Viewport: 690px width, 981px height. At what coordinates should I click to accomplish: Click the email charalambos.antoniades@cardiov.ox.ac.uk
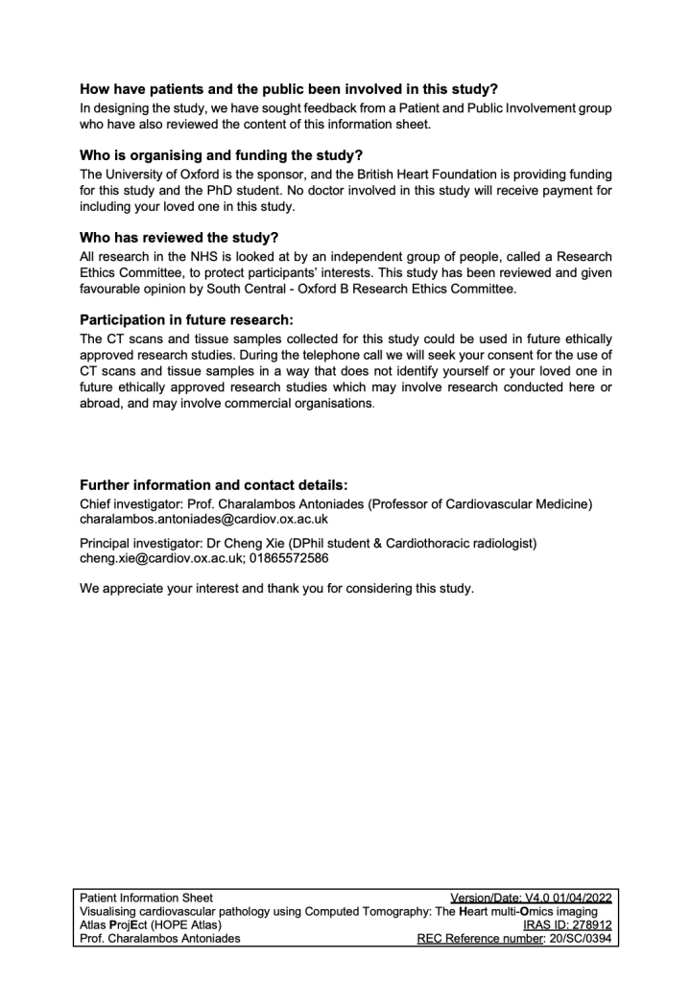[x=203, y=519]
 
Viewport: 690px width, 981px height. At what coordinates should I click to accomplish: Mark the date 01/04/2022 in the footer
[x=578, y=898]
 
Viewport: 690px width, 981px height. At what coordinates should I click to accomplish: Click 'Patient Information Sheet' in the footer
[x=147, y=898]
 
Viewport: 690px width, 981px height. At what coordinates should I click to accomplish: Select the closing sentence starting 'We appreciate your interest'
[x=276, y=589]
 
